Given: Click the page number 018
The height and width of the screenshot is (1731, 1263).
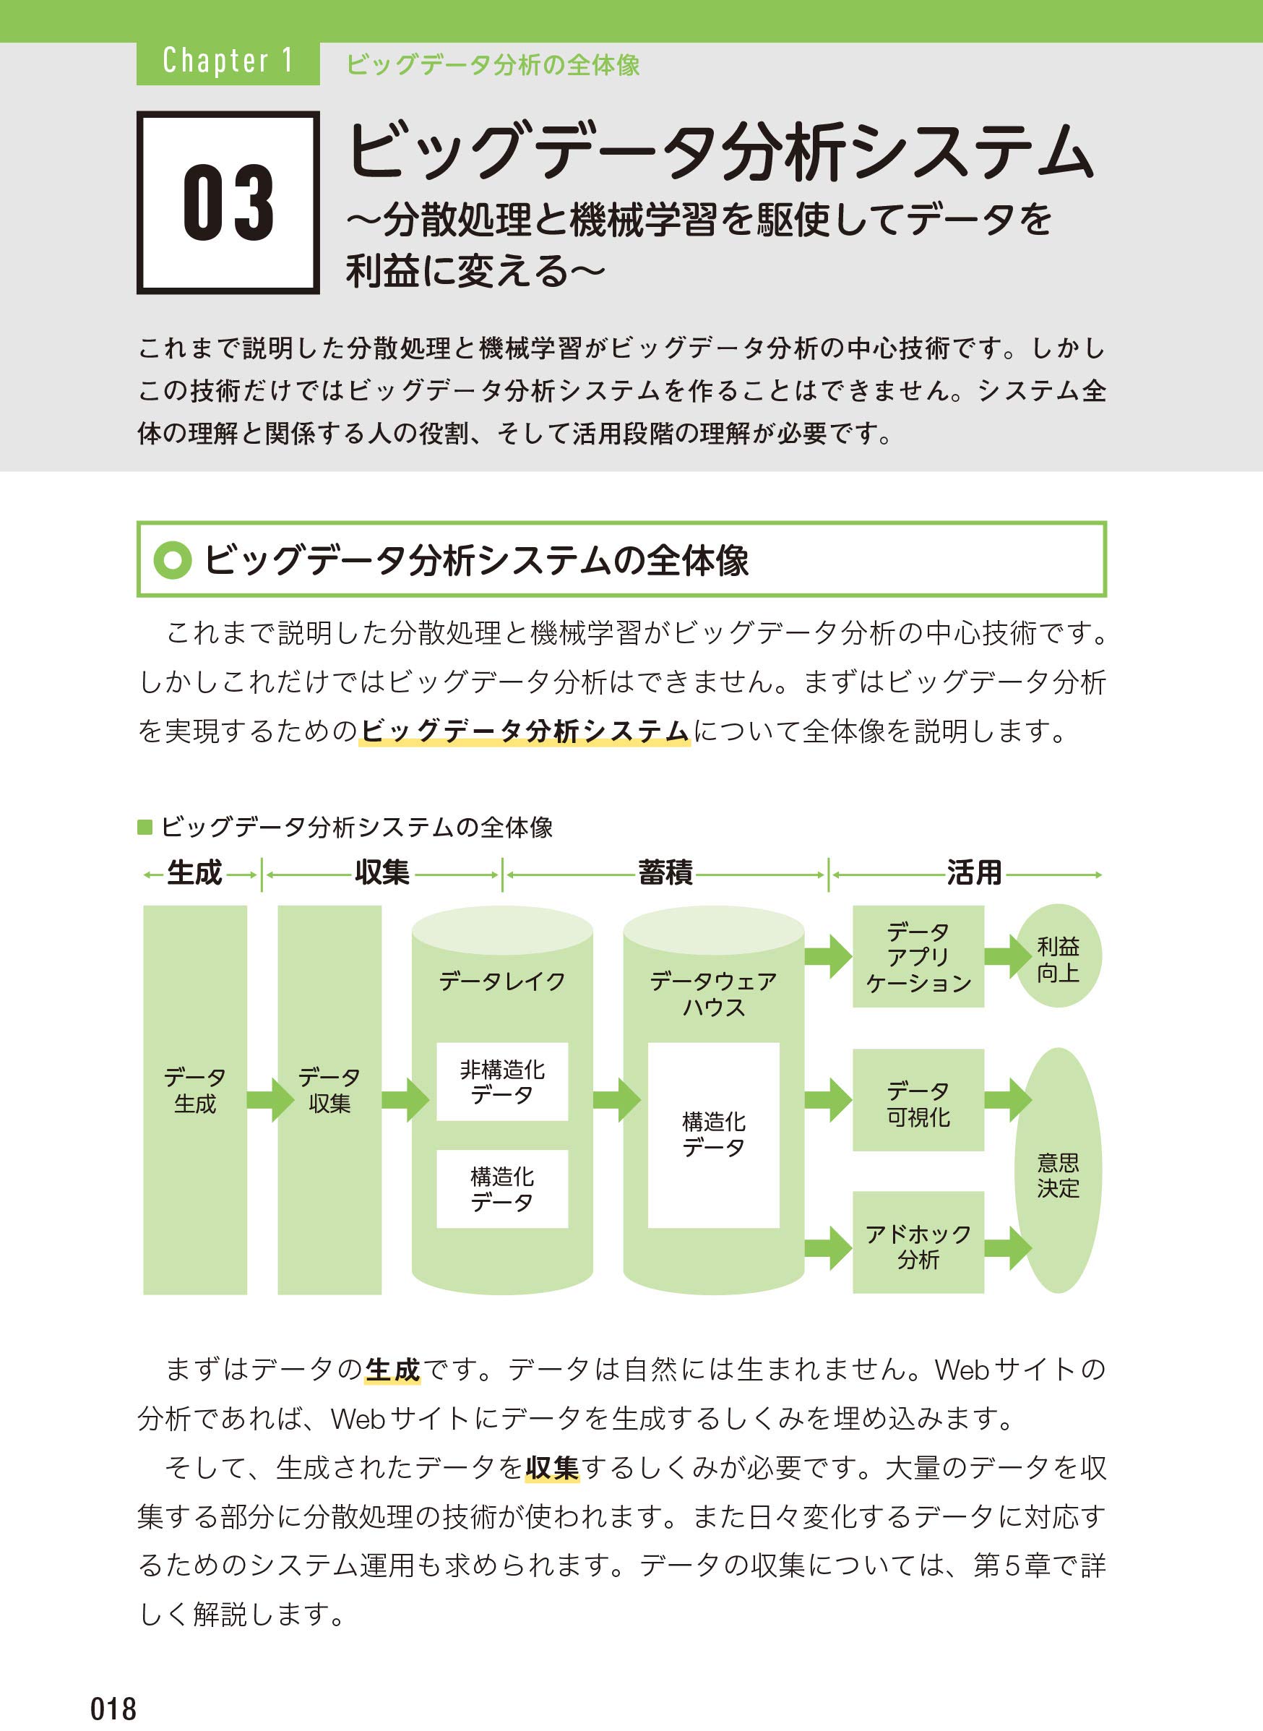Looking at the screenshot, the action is [x=113, y=1708].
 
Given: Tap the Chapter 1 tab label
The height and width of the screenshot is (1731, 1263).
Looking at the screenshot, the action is [x=228, y=61].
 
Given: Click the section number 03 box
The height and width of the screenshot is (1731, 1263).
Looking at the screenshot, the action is [x=228, y=202].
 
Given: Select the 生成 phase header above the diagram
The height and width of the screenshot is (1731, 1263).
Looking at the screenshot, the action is [x=194, y=872].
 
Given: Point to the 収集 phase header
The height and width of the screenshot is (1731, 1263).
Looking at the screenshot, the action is [x=382, y=872].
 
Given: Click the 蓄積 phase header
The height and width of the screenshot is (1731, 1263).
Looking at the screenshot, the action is [x=665, y=872].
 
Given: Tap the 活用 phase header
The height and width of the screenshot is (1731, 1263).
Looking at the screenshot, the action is [x=974, y=872].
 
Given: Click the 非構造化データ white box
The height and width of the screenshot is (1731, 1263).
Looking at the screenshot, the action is [x=502, y=1081].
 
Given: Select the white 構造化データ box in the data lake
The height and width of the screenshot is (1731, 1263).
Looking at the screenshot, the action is [x=502, y=1189].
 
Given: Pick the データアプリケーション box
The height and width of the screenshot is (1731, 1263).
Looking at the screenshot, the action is [x=918, y=956].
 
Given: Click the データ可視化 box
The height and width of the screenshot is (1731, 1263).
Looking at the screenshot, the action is [x=918, y=1100].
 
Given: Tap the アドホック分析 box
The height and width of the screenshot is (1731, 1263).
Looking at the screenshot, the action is [x=918, y=1242].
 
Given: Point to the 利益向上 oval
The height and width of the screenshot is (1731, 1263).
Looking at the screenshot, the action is [x=1058, y=956].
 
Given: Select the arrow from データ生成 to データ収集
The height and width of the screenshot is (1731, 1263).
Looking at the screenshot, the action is [x=271, y=1100].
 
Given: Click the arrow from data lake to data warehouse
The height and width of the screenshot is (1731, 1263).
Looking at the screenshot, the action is [x=617, y=1100].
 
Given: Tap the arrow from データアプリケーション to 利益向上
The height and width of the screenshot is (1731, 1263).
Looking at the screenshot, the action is [x=1008, y=956].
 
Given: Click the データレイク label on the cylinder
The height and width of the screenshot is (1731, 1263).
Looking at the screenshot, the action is [x=502, y=981].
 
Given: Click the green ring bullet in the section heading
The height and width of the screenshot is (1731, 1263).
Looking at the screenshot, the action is [x=172, y=560].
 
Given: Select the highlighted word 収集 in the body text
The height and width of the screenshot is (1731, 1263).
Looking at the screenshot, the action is [x=552, y=1467].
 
